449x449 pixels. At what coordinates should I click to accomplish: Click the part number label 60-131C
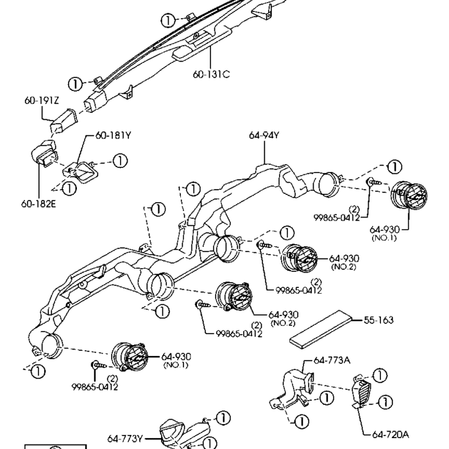tap(211, 74)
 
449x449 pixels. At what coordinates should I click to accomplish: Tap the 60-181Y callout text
tap(114, 135)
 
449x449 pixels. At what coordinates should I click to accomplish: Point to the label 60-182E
tap(38, 207)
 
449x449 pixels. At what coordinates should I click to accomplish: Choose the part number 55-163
tap(378, 319)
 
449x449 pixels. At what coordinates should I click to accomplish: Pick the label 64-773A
tap(332, 360)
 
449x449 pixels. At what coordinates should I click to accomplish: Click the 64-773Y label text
tap(124, 439)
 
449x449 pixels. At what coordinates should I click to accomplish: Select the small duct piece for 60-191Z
tap(64, 120)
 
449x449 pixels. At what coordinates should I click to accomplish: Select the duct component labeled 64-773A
tap(292, 391)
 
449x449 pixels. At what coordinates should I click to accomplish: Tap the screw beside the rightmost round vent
tap(374, 183)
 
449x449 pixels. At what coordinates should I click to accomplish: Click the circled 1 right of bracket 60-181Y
tap(120, 160)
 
